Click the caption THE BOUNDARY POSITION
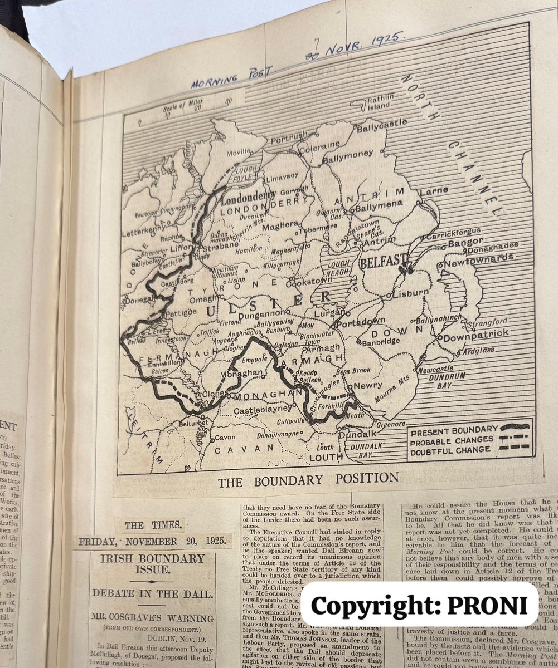[x=308, y=480]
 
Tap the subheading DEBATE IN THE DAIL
[x=152, y=594]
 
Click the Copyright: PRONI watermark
[x=424, y=604]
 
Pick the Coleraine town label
[x=319, y=149]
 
